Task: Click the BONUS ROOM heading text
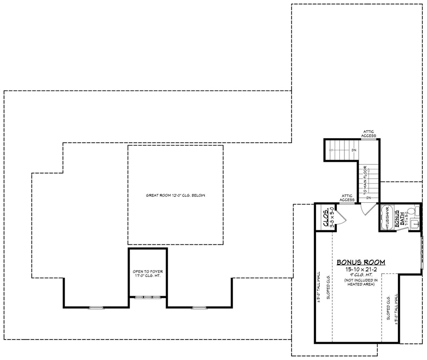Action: pos(361,262)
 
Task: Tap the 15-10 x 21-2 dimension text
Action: pos(361,269)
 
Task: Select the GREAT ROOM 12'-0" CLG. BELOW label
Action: pos(175,195)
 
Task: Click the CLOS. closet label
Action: pos(326,217)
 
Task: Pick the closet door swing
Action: pos(340,217)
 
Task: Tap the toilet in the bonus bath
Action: pos(413,211)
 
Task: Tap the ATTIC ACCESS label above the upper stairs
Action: pos(369,133)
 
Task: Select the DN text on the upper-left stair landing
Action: pos(353,150)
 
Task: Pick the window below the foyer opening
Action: pos(148,297)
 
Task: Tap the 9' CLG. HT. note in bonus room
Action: pos(361,275)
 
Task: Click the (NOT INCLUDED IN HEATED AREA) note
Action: pos(361,282)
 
